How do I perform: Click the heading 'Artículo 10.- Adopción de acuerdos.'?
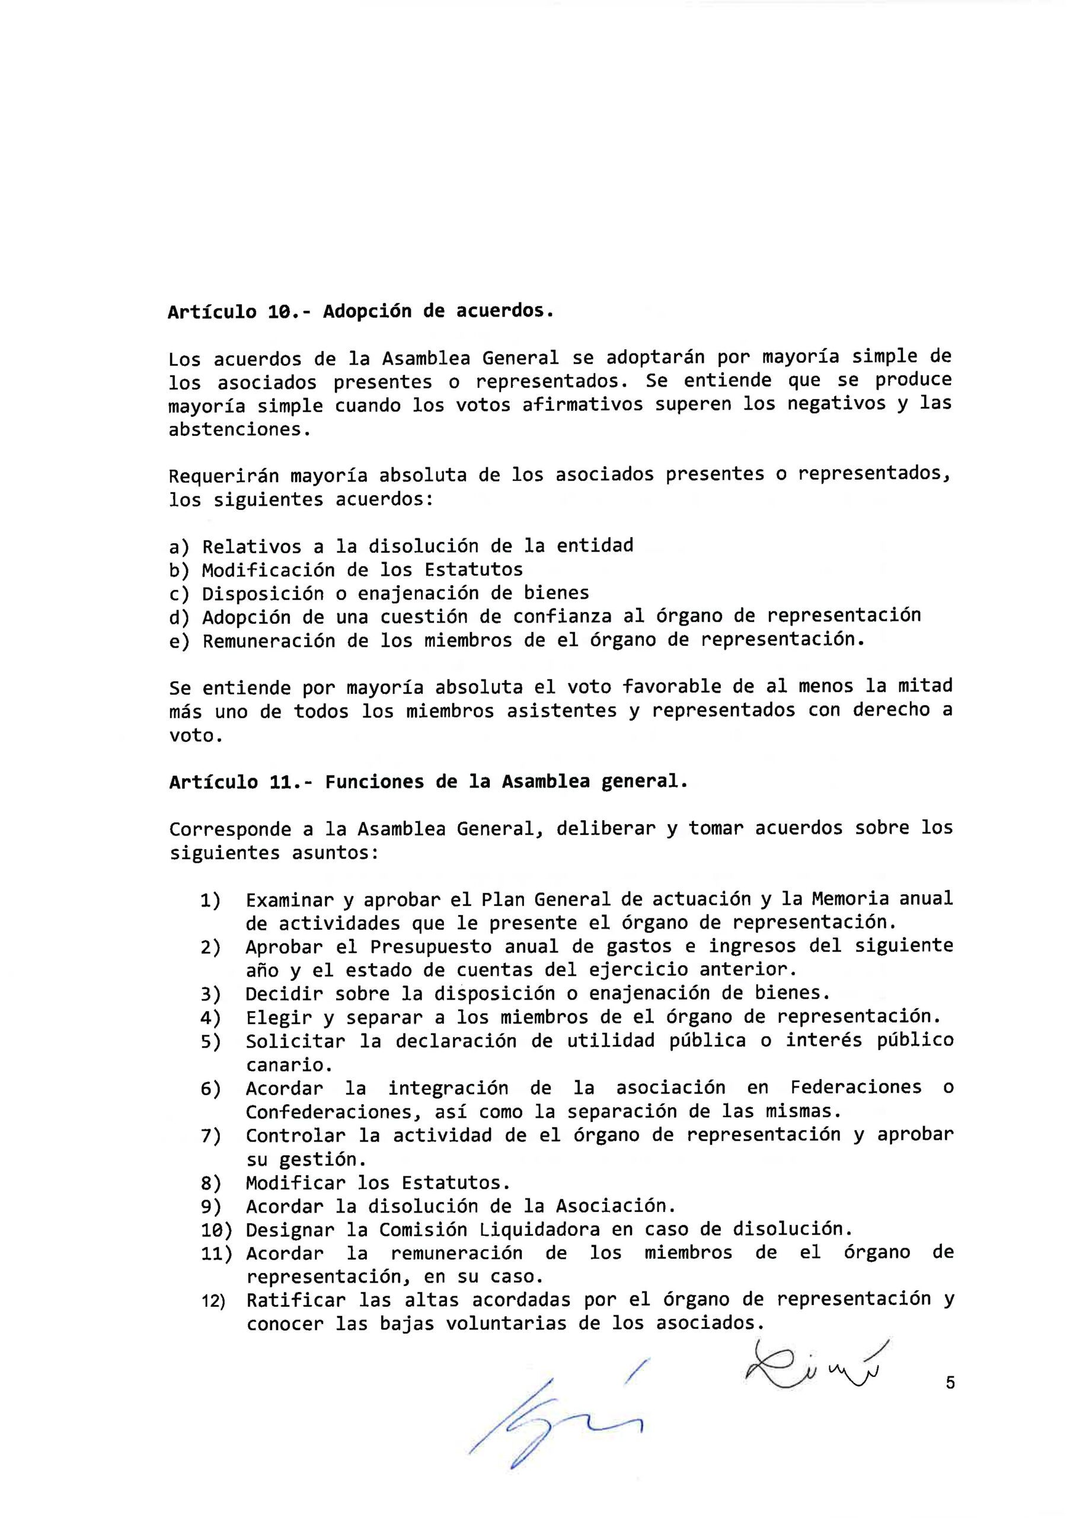pyautogui.click(x=360, y=311)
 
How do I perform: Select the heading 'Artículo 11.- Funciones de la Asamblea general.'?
pyautogui.click(x=429, y=782)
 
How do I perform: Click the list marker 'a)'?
pyautogui.click(x=178, y=547)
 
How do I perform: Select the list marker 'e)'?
pyautogui.click(x=178, y=642)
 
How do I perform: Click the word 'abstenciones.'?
pyautogui.click(x=239, y=429)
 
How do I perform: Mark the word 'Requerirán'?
pyautogui.click(x=223, y=476)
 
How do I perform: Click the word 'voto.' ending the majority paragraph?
pyautogui.click(x=196, y=735)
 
